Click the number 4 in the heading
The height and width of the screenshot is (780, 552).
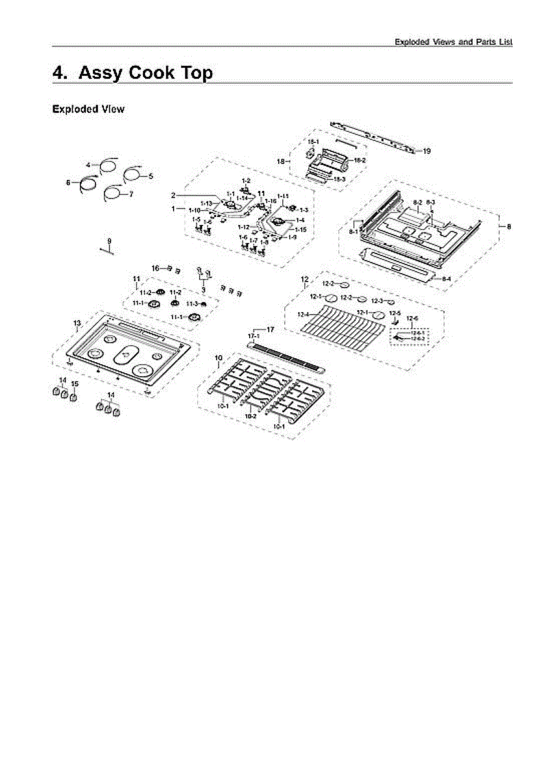(x=59, y=73)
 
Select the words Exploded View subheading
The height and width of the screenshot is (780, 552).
(x=88, y=109)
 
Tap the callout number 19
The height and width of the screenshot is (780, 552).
(x=427, y=151)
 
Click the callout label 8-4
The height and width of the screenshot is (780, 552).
(x=447, y=279)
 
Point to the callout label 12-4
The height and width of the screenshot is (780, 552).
(x=302, y=315)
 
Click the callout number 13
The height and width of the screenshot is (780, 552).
(x=77, y=323)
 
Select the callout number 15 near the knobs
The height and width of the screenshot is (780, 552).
(x=74, y=383)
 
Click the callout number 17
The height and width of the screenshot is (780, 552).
(x=270, y=330)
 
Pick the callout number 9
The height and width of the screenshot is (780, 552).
(x=109, y=240)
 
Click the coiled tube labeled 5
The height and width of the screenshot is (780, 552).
(x=134, y=173)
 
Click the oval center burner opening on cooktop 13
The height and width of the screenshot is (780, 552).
(x=125, y=355)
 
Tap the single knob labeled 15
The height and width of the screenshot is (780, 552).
(x=73, y=396)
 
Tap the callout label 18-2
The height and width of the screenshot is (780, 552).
(x=360, y=160)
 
